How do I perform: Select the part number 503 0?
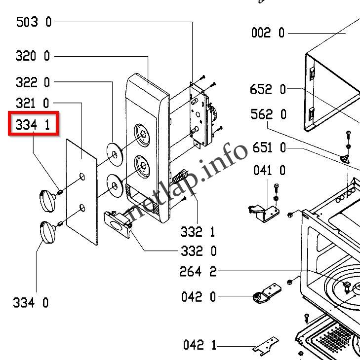[34, 22]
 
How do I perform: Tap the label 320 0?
[33, 56]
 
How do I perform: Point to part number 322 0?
[33, 82]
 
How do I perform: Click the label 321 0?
[33, 103]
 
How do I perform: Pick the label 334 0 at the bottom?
[31, 302]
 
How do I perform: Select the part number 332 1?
[198, 231]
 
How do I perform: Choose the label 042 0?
[199, 297]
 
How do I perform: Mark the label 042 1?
[199, 345]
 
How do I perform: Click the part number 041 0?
[269, 171]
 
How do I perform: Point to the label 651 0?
[269, 147]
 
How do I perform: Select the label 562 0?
[268, 114]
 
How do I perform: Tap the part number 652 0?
[268, 89]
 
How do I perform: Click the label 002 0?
[268, 33]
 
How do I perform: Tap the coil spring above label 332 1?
[181, 177]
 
